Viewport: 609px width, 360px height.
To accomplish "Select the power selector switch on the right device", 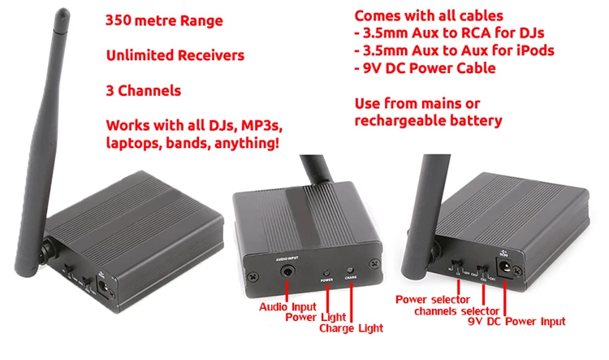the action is tap(460, 267).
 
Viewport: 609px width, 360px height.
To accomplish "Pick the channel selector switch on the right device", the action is tap(484, 270).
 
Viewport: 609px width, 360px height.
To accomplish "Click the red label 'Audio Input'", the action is tap(287, 307).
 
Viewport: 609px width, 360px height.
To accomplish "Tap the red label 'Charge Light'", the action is tap(351, 328).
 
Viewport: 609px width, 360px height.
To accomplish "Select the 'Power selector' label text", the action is tap(434, 298).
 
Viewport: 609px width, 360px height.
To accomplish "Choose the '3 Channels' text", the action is tap(143, 91).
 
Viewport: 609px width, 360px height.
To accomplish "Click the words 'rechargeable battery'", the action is tap(429, 121).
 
